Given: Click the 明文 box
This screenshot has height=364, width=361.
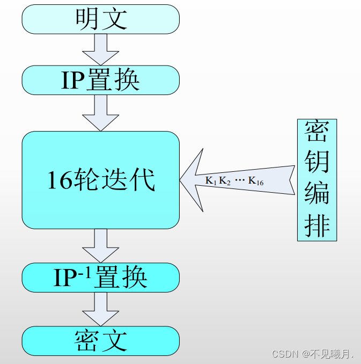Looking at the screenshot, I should [x=100, y=19].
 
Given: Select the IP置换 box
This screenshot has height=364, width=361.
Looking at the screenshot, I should [x=100, y=80].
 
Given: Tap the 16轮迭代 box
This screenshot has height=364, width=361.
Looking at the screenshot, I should [x=100, y=180].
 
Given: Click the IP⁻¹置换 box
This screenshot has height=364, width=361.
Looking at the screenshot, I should [x=100, y=277].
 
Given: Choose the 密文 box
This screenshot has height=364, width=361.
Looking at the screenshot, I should [x=100, y=341].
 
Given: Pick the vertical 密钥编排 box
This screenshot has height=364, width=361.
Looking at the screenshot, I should [x=317, y=179].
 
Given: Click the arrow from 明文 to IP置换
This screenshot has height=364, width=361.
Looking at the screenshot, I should [x=100, y=49].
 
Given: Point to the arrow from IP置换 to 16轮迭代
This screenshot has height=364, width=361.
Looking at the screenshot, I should [x=100, y=113].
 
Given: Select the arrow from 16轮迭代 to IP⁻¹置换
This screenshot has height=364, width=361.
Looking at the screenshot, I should [x=100, y=245].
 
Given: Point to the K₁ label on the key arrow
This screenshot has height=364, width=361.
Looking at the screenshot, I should [x=211, y=181].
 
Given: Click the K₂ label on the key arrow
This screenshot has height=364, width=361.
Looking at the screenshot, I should [x=225, y=181].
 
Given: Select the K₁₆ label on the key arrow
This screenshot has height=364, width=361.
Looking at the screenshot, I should [x=256, y=181].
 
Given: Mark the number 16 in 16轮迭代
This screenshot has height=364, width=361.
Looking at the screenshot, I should [x=60, y=180].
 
